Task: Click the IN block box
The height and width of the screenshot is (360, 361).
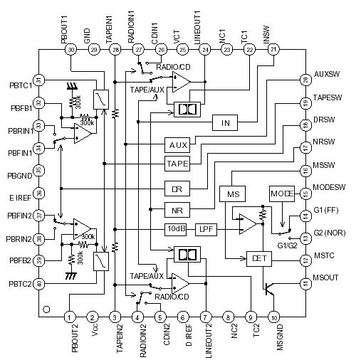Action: tap(225, 123)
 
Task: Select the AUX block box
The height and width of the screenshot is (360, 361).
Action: tap(178, 144)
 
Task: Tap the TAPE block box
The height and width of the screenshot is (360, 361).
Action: tap(178, 164)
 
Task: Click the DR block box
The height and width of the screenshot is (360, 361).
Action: tap(177, 189)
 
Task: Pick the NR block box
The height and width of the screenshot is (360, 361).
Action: tap(177, 210)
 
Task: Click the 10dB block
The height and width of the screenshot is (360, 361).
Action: tap(177, 228)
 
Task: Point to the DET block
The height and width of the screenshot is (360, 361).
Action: tap(256, 258)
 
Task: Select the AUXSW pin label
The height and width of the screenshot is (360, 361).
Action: tap(328, 73)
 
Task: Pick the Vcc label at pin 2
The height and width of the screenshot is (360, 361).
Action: tap(93, 335)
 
